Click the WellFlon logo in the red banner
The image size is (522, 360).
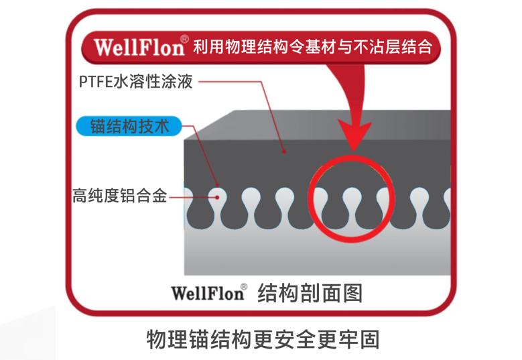pyautogui.click(x=139, y=47)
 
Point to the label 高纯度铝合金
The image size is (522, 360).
pyautogui.click(x=119, y=197)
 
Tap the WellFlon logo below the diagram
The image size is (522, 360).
pyautogui.click(x=206, y=293)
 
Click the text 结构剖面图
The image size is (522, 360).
pyautogui.click(x=310, y=293)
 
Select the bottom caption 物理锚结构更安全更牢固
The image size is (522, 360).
pyautogui.click(x=263, y=339)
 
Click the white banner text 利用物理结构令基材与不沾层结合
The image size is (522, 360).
pyautogui.click(x=316, y=48)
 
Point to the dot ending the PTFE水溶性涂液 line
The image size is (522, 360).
pyautogui.click(x=285, y=152)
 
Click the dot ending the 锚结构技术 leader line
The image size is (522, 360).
pyautogui.click(x=218, y=182)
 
